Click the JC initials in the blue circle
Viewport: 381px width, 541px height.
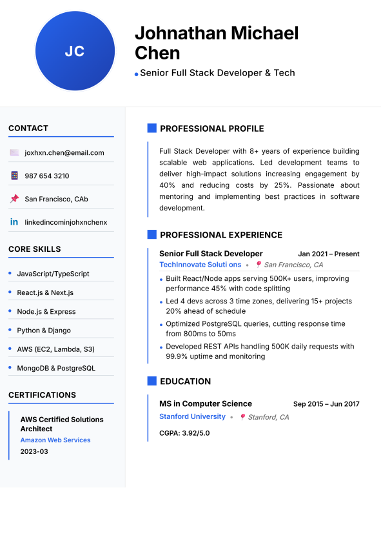(75, 52)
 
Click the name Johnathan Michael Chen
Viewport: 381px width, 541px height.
(216, 43)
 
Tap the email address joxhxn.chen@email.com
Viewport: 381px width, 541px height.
(64, 153)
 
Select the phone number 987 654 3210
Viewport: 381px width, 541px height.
(47, 176)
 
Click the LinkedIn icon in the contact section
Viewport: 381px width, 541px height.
(14, 222)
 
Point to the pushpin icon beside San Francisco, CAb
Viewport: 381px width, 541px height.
(14, 199)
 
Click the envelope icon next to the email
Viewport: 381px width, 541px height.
(14, 153)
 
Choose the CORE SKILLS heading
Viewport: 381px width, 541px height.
(35, 249)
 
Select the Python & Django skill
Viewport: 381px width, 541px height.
(44, 331)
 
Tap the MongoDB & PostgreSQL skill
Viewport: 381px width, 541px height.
(56, 368)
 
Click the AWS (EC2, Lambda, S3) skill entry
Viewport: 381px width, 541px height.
(55, 349)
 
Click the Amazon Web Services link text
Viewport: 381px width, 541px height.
(55, 440)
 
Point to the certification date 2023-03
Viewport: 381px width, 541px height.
(34, 451)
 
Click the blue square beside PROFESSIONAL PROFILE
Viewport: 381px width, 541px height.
(152, 128)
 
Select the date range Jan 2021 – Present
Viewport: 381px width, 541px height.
(329, 254)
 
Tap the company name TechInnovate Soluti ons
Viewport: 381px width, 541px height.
(200, 265)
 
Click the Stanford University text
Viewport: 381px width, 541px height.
(192, 417)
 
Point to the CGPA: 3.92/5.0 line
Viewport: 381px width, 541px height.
(184, 433)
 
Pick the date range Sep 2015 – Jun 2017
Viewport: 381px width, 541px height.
(326, 404)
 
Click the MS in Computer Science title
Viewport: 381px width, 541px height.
(206, 404)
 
